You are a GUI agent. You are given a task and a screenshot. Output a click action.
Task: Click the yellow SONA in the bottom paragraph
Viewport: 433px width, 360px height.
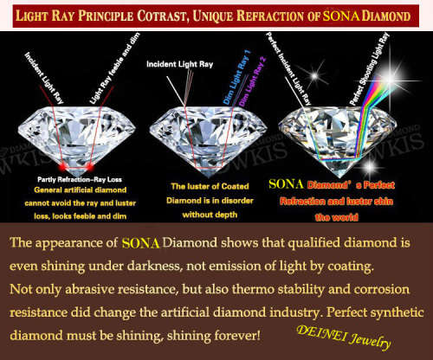[x=141, y=243]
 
